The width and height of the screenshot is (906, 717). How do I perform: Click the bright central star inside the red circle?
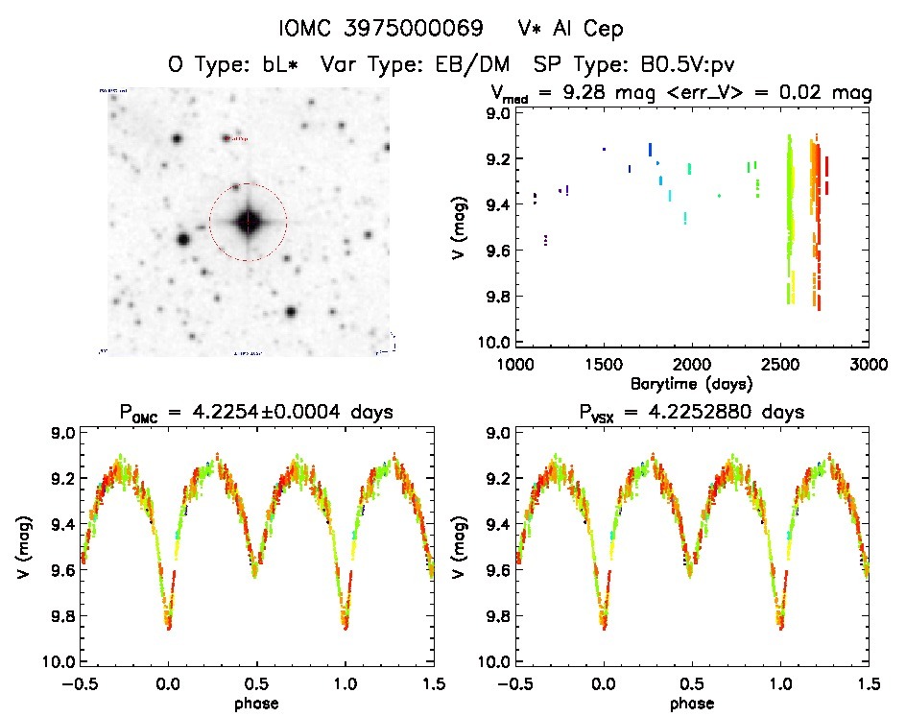click(248, 222)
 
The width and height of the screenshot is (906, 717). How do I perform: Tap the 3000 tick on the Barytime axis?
click(868, 365)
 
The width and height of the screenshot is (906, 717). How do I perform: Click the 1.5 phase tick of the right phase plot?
click(869, 683)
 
